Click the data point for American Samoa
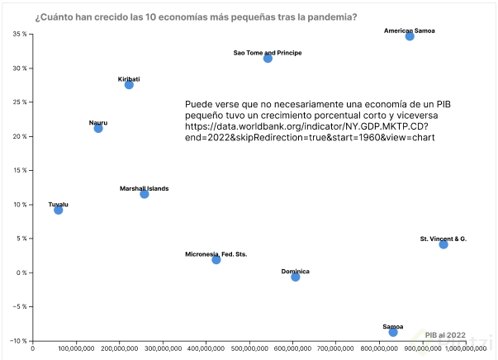point(410,36)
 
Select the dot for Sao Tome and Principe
point(268,59)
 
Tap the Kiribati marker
point(129,85)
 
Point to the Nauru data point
point(98,128)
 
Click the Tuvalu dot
point(58,210)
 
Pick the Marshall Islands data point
point(145,194)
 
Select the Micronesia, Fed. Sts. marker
point(216,260)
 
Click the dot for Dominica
point(296,277)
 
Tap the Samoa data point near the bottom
point(393,332)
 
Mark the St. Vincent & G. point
point(443,244)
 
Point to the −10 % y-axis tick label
point(18,341)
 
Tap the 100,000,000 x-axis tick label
point(75,349)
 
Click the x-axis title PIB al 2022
point(446,335)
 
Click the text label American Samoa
point(410,31)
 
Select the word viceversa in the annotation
point(425,117)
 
